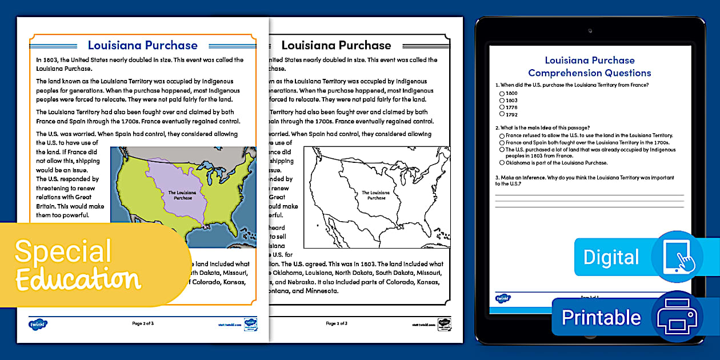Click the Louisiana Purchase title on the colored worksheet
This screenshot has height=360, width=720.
143,45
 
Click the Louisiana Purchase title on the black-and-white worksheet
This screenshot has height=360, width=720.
336,45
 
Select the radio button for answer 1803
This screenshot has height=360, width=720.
502,100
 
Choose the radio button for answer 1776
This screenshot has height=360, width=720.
502,107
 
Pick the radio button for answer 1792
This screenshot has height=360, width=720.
502,114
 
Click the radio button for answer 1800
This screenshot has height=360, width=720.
502,93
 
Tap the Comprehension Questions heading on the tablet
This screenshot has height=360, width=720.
589,73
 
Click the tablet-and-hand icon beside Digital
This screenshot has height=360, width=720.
677,257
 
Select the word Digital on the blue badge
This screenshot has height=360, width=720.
611,257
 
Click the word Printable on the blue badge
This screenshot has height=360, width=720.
601,317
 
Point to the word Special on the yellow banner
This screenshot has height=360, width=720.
63,251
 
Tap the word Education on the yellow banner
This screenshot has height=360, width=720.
78,279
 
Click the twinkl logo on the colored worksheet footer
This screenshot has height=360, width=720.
38,324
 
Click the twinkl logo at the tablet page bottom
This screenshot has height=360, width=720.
503,298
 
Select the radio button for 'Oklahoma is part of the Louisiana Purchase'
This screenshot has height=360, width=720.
502,163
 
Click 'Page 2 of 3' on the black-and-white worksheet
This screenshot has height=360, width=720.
337,323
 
